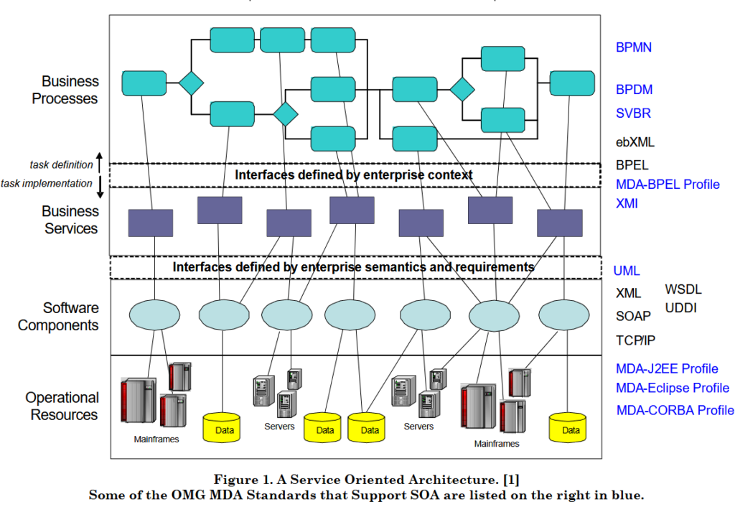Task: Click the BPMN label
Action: click(x=634, y=48)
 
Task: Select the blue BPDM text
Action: click(x=634, y=90)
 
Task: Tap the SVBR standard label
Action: click(x=633, y=113)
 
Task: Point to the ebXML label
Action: click(x=635, y=142)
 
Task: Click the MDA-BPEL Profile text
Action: click(x=668, y=185)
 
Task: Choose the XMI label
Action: click(x=627, y=204)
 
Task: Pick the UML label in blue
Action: click(x=627, y=271)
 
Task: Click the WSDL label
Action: click(x=683, y=290)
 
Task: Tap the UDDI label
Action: click(x=681, y=308)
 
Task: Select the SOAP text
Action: click(x=633, y=316)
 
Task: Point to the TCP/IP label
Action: click(x=635, y=340)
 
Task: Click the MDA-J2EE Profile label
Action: click(x=667, y=369)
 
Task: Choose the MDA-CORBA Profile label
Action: click(x=675, y=411)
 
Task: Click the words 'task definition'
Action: click(x=61, y=164)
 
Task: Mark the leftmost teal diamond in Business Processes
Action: click(x=192, y=83)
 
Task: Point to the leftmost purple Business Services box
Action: click(x=150, y=223)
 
